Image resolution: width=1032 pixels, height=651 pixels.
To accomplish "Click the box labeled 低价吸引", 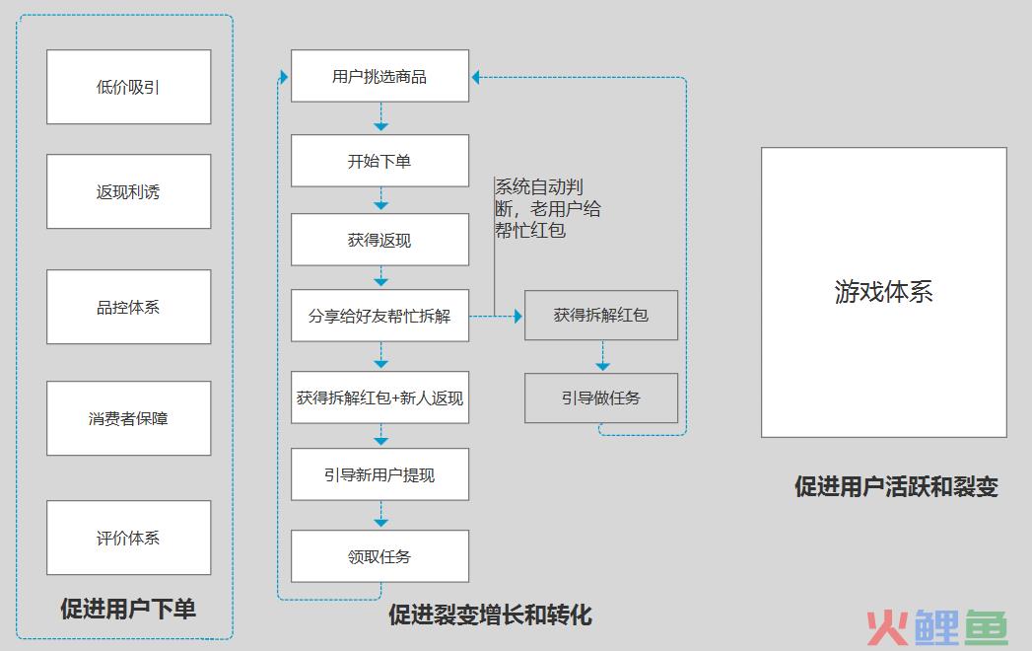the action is pyautogui.click(x=129, y=87).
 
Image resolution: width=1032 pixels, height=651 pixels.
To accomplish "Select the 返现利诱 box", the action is pyautogui.click(x=129, y=191).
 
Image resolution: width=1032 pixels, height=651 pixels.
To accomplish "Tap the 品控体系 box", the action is pyautogui.click(x=129, y=307).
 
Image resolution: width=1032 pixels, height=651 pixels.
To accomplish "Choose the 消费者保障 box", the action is pyautogui.click(x=129, y=418).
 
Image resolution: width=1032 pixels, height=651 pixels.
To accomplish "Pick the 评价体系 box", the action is pyautogui.click(x=129, y=538).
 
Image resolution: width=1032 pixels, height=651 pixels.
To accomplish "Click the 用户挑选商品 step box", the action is pyautogui.click(x=379, y=76).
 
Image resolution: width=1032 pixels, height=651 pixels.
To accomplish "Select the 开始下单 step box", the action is pyautogui.click(x=379, y=161).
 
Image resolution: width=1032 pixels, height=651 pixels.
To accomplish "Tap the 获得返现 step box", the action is pyautogui.click(x=379, y=240).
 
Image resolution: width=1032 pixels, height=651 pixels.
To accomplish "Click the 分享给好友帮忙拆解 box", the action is pyautogui.click(x=379, y=316).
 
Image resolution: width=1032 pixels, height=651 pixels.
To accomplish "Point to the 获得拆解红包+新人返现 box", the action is pyautogui.click(x=379, y=398).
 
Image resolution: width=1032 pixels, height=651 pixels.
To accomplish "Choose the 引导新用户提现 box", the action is pyautogui.click(x=379, y=474).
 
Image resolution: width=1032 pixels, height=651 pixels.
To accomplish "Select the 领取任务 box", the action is pyautogui.click(x=379, y=556).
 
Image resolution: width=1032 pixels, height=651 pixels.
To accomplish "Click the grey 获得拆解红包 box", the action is pyautogui.click(x=601, y=316).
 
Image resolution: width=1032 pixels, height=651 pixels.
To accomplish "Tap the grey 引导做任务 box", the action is pyautogui.click(x=601, y=398).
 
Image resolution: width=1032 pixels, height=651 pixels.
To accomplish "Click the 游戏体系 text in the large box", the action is pyautogui.click(x=884, y=291).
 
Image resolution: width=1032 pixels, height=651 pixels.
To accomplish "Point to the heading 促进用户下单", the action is pyautogui.click(x=128, y=609).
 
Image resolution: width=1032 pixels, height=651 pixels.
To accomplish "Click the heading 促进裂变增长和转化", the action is pyautogui.click(x=490, y=615).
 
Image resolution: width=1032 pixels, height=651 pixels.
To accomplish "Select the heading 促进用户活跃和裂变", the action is pyautogui.click(x=896, y=487).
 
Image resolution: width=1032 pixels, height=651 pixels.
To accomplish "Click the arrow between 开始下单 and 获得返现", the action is pyautogui.click(x=381, y=199).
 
